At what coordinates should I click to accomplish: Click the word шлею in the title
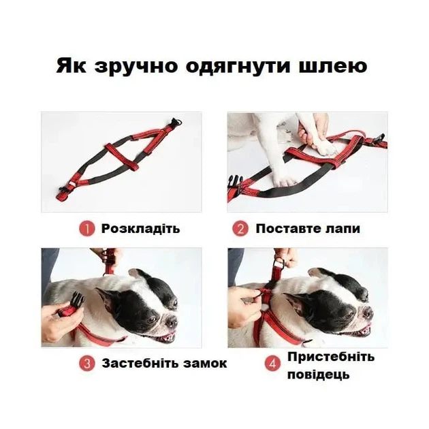333,66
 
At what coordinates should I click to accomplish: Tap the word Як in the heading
71,66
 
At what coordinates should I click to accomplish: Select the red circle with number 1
87,229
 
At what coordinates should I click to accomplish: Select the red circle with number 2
240,229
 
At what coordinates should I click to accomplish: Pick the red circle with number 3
87,364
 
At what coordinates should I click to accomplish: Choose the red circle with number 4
272,364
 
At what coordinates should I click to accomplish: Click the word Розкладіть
141,229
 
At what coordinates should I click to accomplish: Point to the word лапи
343,229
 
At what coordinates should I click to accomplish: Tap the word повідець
319,375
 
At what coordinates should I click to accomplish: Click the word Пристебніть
331,357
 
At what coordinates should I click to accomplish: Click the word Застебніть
141,364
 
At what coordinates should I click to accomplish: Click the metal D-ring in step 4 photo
280,264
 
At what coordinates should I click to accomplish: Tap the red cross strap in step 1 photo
121,157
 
